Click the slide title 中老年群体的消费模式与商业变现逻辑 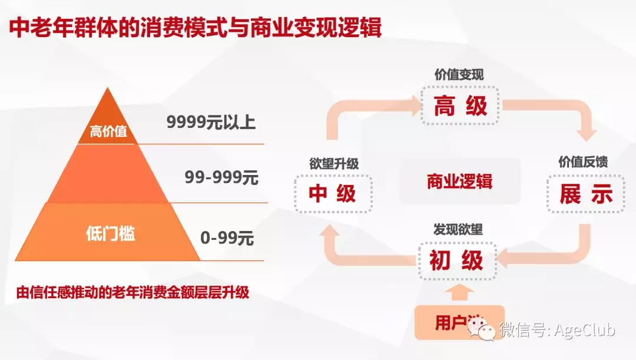point(195,28)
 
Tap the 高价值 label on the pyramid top point(108,131)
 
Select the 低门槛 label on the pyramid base point(110,233)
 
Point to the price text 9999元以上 point(211,122)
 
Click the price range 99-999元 point(221,177)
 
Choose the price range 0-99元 point(227,238)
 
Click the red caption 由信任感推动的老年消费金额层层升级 point(132,292)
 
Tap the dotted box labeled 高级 point(461,105)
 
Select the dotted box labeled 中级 point(333,194)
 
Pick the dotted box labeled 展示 point(586,194)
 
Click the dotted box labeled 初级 point(457,260)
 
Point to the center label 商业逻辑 point(459,181)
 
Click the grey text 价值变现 point(459,75)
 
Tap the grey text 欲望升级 point(334,164)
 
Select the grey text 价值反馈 point(583,162)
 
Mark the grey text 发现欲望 point(458,229)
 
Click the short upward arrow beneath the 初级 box point(459,292)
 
